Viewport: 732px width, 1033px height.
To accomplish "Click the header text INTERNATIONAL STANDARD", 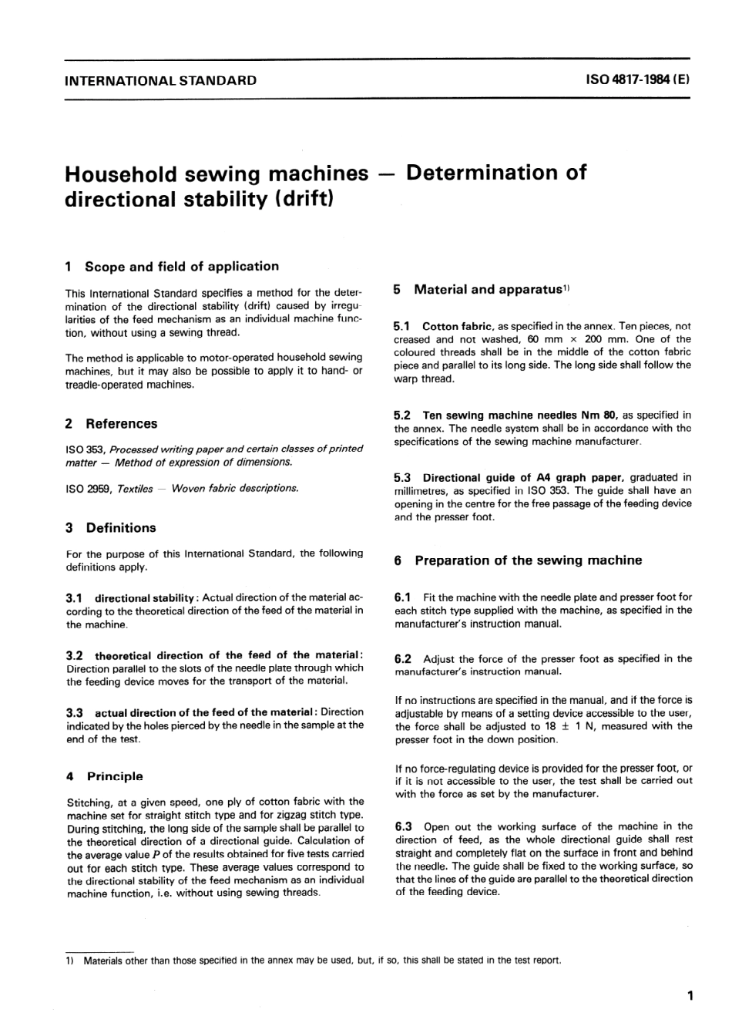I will pyautogui.click(x=161, y=80).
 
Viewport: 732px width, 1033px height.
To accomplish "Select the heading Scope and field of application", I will pyautogui.click(x=182, y=267).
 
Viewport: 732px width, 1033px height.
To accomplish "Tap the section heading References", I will pyautogui.click(x=121, y=424).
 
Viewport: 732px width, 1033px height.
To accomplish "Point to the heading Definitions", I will pyautogui.click(x=121, y=528).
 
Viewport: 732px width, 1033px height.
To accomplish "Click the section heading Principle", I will pyautogui.click(x=115, y=776).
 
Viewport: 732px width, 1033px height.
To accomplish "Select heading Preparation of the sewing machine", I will pyautogui.click(x=528, y=561).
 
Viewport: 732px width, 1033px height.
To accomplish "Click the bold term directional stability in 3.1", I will pyautogui.click(x=144, y=598).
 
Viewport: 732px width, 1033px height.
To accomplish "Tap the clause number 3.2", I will pyautogui.click(x=76, y=655).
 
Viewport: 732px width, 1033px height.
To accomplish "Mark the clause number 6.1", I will pyautogui.click(x=403, y=597).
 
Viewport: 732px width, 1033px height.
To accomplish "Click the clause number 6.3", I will pyautogui.click(x=403, y=826).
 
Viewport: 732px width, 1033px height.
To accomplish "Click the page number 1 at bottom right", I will pyautogui.click(x=690, y=995).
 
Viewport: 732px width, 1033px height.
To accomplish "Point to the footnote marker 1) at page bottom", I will pyautogui.click(x=69, y=961).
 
